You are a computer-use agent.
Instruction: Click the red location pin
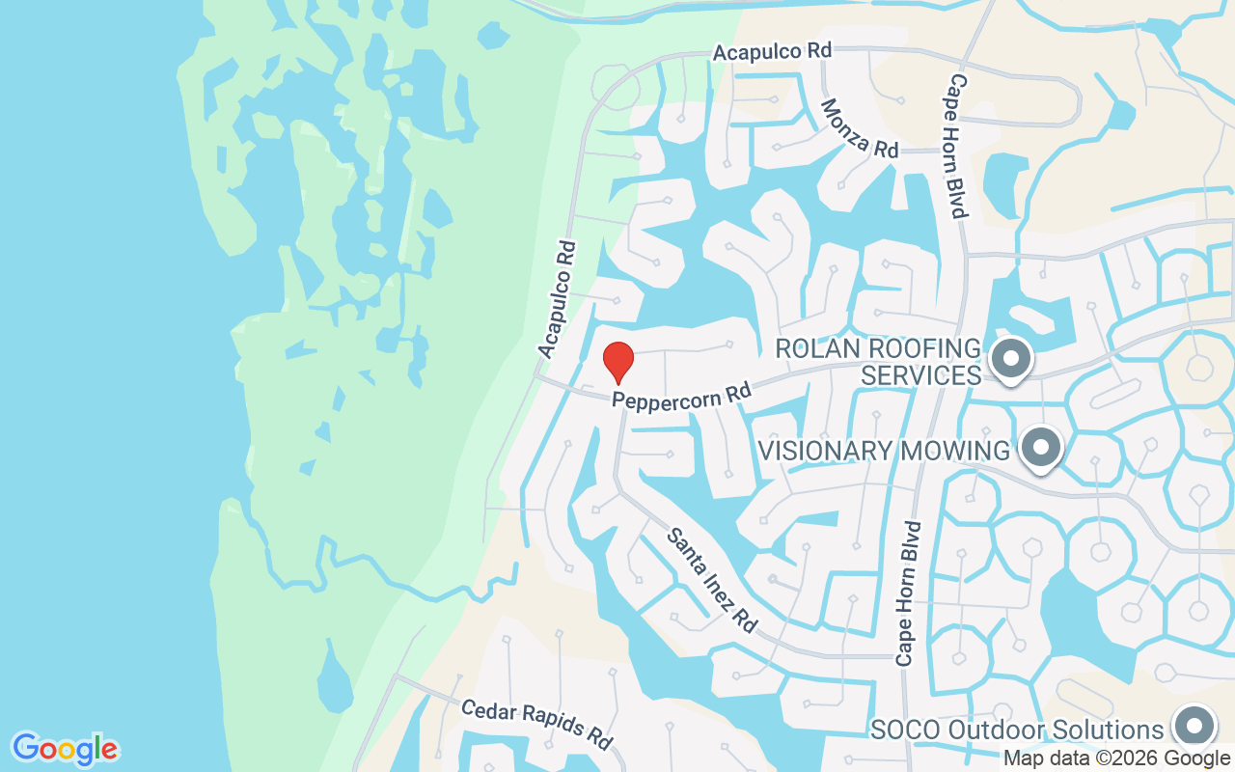pos(617,361)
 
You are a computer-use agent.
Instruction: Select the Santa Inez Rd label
pos(712,579)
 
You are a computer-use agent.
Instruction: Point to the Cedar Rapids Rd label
pos(536,724)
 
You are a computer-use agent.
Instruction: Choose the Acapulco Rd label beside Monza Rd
pos(772,50)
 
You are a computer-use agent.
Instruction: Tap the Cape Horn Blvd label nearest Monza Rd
pos(957,146)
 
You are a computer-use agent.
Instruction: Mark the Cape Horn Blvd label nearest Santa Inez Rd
pos(909,593)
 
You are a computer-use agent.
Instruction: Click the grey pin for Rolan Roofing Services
pos(1011,359)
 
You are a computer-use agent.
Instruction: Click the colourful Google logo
pos(66,749)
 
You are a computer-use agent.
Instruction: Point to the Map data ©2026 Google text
pos(1117,758)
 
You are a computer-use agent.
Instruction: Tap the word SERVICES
pos(920,374)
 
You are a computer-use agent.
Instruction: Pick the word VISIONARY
pos(822,451)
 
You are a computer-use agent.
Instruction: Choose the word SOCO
pos(906,730)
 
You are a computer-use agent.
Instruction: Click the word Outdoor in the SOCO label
pos(999,730)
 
